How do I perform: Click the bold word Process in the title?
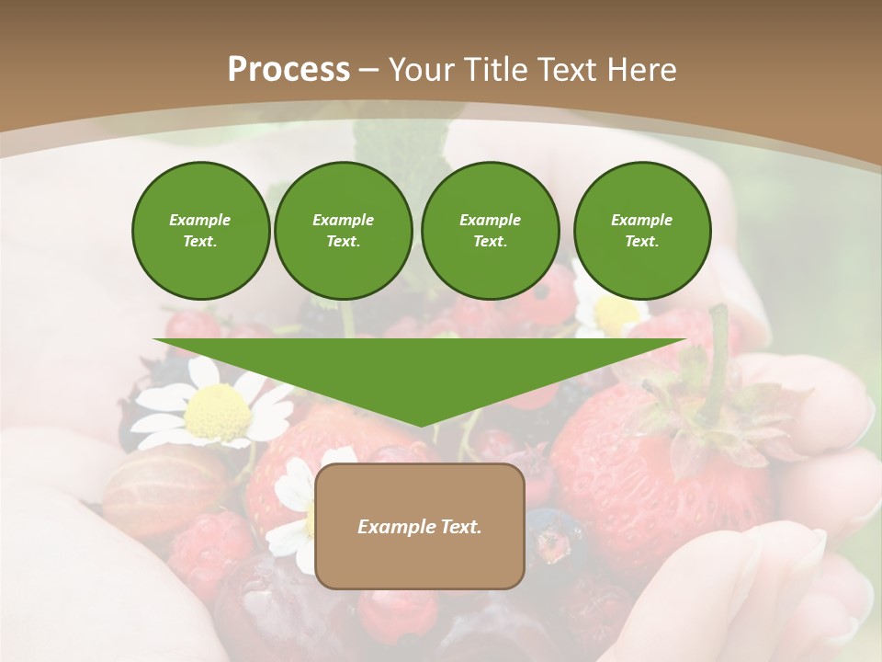[x=288, y=69]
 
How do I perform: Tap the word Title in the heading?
[x=496, y=69]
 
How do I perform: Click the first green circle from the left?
[x=200, y=230]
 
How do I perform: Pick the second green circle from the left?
[x=343, y=230]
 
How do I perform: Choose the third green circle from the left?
[x=490, y=230]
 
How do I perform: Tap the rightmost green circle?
[x=642, y=230]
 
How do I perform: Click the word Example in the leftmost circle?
[x=200, y=220]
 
